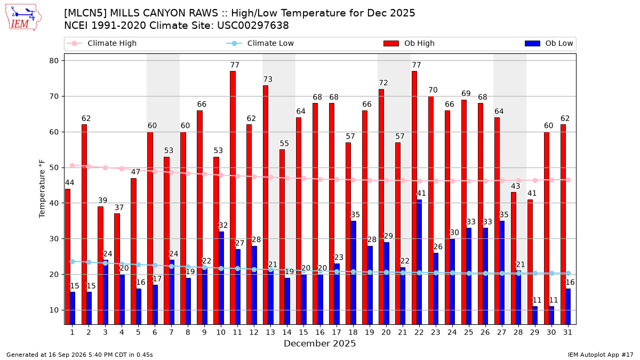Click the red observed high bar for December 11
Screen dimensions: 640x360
click(x=233, y=198)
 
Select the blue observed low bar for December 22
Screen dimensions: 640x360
click(x=419, y=262)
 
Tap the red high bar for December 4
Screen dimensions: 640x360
click(x=117, y=269)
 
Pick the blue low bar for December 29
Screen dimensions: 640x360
click(x=535, y=315)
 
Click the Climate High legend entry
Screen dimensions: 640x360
click(x=101, y=43)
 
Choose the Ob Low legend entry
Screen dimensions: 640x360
click(x=549, y=43)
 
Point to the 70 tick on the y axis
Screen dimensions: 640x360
click(x=54, y=97)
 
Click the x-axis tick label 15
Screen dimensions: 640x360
click(x=303, y=332)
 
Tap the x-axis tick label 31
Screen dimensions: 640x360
click(x=567, y=332)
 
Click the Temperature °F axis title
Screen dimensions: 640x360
click(x=42, y=189)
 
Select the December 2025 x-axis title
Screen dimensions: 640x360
click(x=319, y=343)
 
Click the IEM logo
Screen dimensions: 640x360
click(x=23, y=18)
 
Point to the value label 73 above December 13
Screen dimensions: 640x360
click(x=268, y=79)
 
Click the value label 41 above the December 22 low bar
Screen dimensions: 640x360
click(x=421, y=194)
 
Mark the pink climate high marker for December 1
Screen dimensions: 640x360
click(x=73, y=166)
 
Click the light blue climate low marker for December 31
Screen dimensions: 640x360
click(x=569, y=274)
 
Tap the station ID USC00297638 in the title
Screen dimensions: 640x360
click(x=253, y=26)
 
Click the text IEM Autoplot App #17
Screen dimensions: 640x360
click(x=601, y=355)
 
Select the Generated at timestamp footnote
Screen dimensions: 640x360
click(x=79, y=355)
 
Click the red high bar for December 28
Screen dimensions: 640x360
click(x=514, y=258)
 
